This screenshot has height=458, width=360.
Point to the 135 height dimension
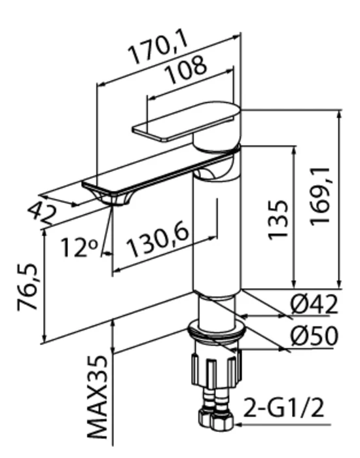point(278,220)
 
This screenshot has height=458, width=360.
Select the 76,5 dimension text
point(27,287)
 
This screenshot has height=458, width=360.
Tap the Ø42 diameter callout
point(314,304)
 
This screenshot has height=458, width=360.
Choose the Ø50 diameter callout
point(314,336)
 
